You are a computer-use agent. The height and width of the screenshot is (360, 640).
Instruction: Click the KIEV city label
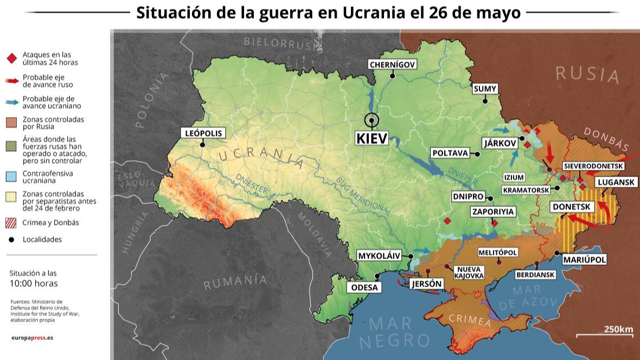372,138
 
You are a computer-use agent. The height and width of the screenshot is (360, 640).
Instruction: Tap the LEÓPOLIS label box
203,133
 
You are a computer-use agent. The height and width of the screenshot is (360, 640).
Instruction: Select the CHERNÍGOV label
392,65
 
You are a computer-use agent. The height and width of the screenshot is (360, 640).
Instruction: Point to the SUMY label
485,89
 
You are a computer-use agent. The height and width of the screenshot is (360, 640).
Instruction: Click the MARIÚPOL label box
584,260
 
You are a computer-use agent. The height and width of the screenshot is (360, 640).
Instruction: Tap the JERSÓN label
427,284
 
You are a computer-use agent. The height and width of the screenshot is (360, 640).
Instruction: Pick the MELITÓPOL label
497,253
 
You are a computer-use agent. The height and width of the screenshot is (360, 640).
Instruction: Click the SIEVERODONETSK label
593,166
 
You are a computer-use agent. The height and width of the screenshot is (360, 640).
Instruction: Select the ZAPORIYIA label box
492,211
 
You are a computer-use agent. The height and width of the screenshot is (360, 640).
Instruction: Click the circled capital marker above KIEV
372,120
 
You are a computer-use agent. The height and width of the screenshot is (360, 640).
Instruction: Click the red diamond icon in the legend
12,59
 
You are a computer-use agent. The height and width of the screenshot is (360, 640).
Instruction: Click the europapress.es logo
32,338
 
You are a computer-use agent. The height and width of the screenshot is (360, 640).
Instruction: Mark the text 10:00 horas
34,284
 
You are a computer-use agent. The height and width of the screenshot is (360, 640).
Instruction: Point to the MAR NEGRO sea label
394,332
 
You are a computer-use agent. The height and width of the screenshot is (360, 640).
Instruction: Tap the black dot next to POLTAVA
478,154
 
